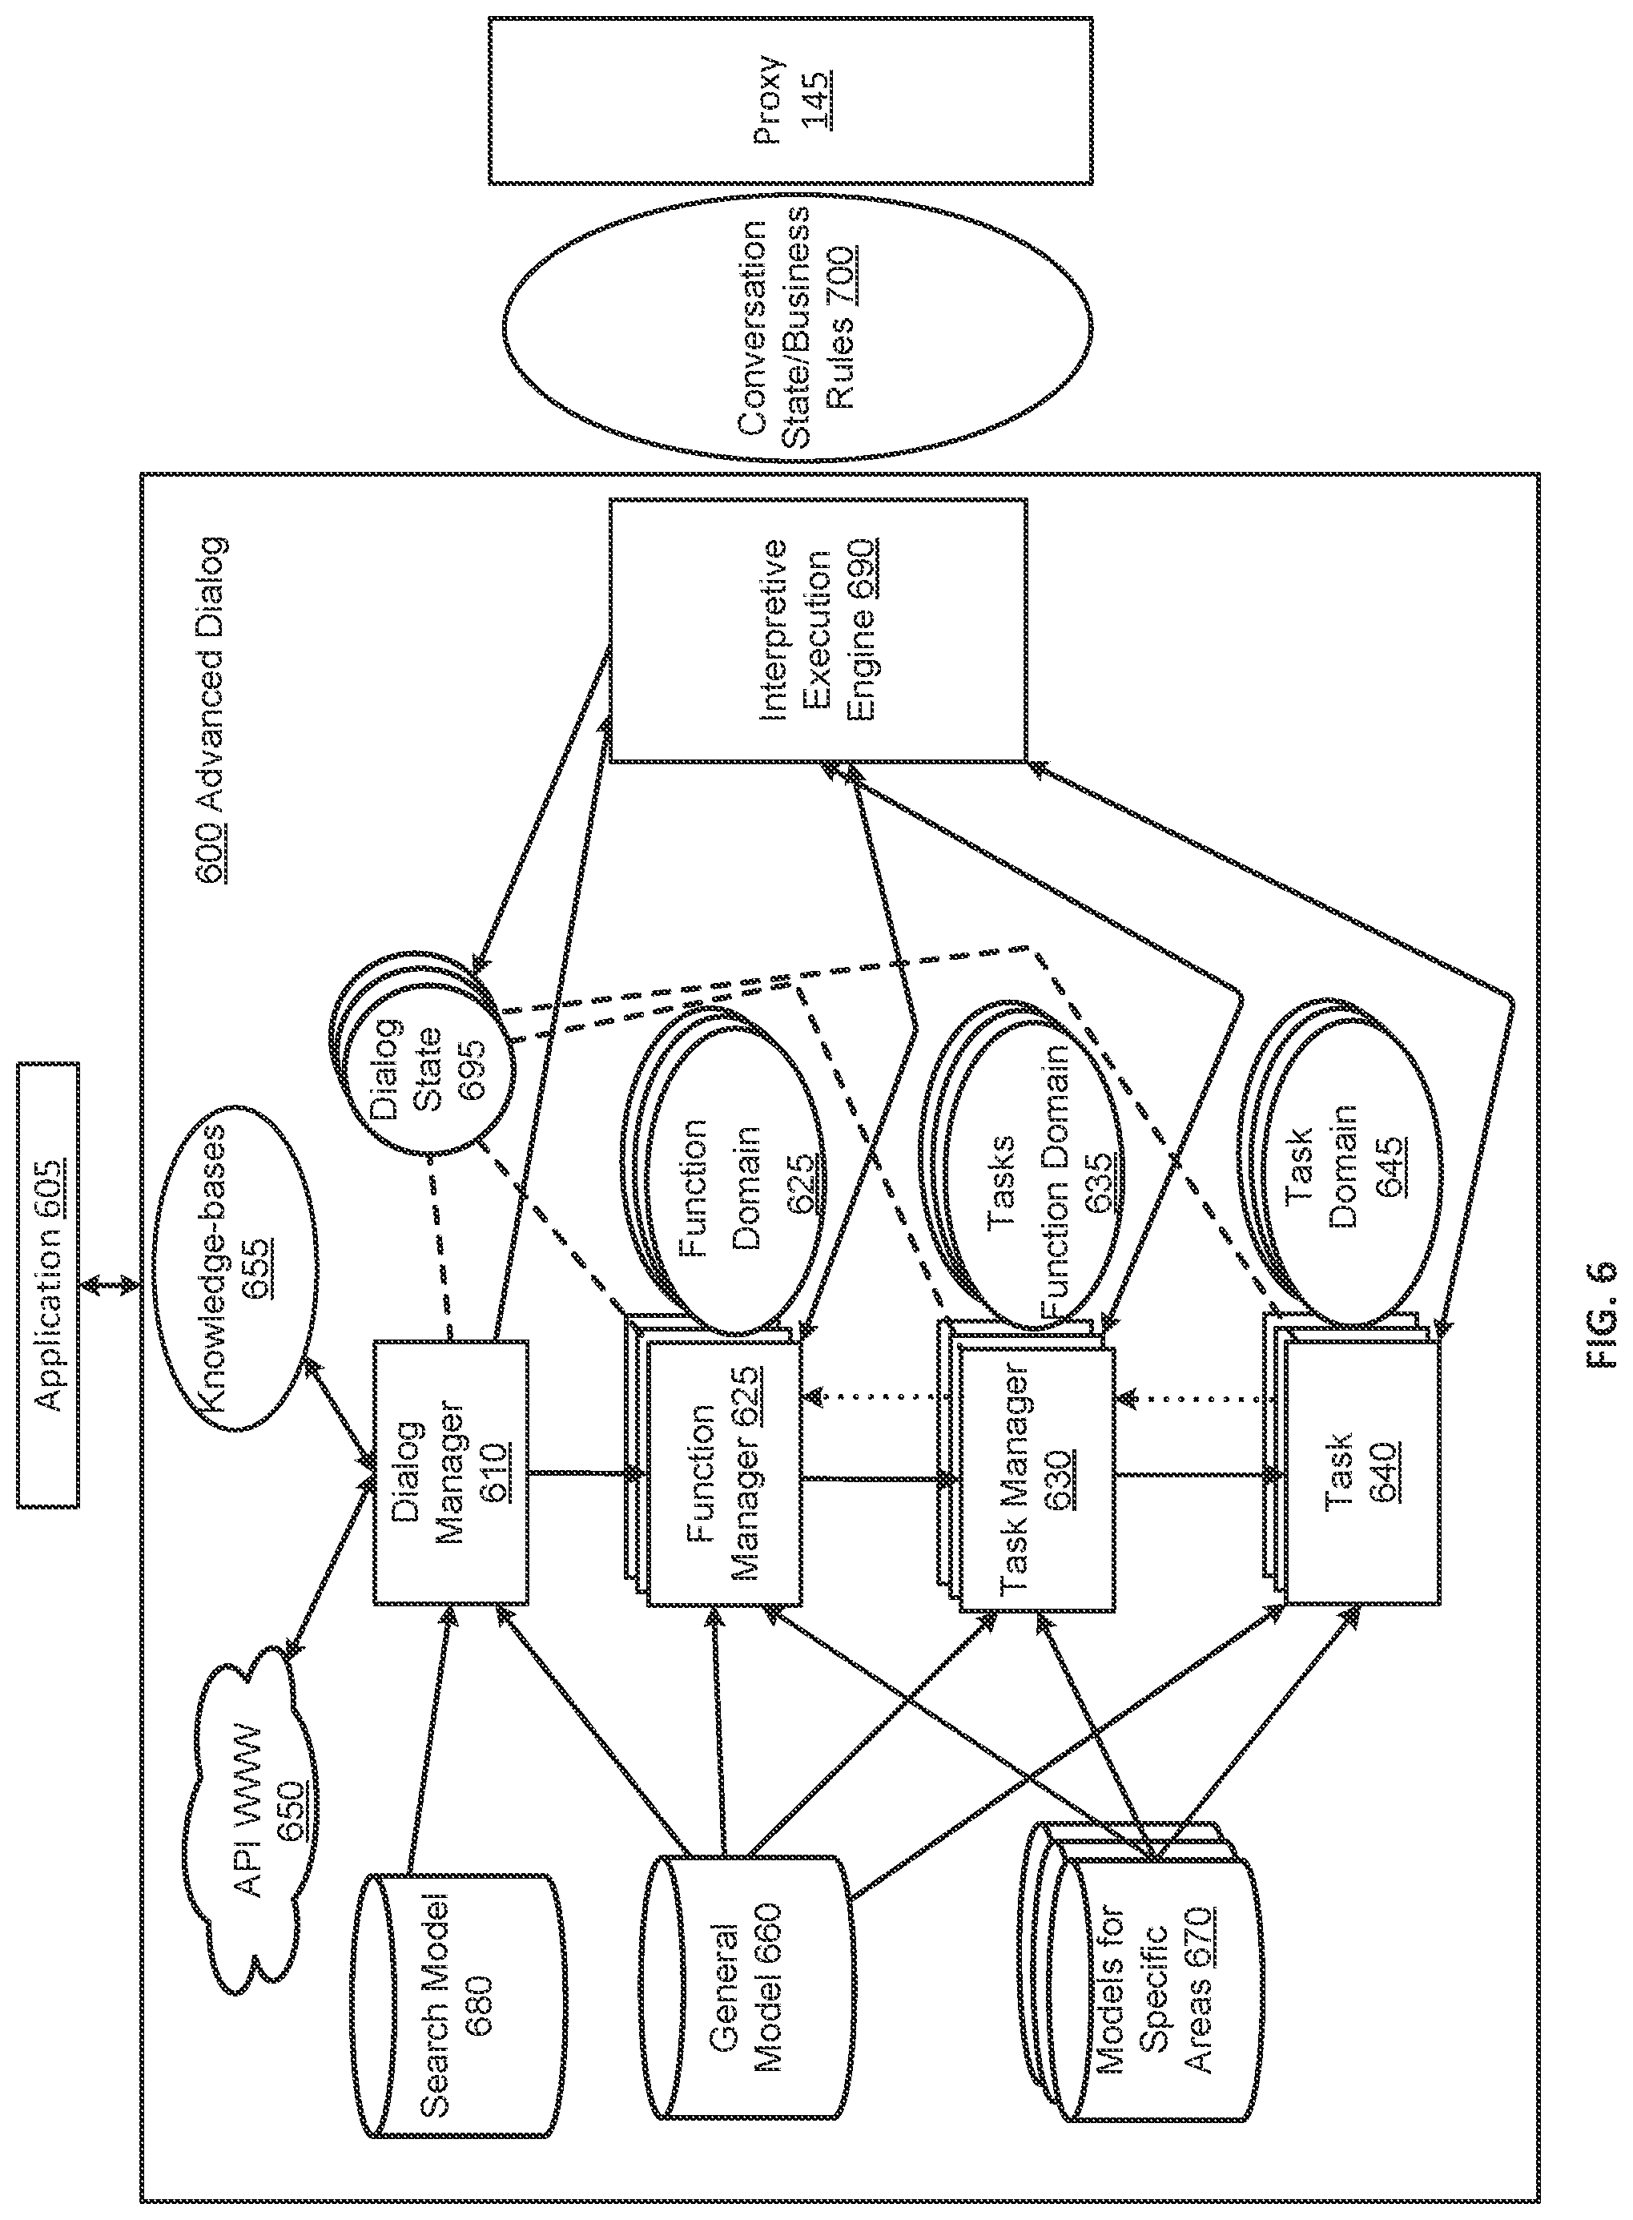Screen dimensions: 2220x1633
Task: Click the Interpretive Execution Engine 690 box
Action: [817, 630]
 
